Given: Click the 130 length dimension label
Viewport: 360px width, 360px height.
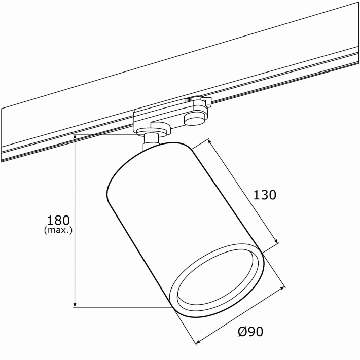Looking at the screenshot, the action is (265, 195).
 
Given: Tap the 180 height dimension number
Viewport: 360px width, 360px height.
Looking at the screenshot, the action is (58, 220).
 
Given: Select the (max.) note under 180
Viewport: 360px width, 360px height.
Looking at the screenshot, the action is (58, 230).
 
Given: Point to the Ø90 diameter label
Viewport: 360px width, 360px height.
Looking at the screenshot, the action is (250, 332).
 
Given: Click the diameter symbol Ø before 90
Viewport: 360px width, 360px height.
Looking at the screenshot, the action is (242, 332).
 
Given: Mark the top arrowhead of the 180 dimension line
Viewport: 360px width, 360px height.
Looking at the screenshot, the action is (75, 137).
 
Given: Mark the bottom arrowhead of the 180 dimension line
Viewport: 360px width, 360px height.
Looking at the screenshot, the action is (75, 304).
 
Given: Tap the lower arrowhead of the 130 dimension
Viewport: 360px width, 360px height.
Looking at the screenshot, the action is (276, 240).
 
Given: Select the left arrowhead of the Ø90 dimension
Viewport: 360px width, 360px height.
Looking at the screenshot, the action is (199, 342).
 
